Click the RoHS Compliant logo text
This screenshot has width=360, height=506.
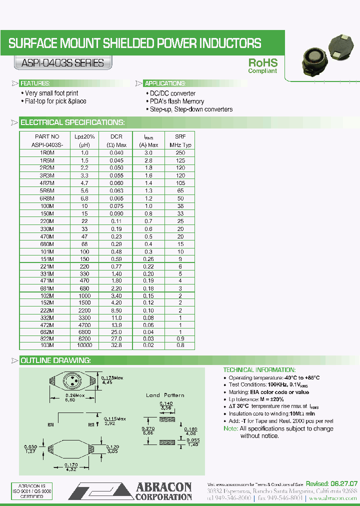click(262, 66)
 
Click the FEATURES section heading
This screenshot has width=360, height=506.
click(34, 83)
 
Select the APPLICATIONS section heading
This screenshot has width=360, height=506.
click(164, 83)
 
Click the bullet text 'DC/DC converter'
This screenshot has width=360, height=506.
click(172, 93)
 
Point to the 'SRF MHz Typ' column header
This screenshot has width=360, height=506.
click(180, 140)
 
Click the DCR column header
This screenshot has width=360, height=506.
click(116, 140)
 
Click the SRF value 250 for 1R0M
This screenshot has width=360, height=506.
click(180, 152)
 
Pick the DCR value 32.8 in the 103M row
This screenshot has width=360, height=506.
click(116, 345)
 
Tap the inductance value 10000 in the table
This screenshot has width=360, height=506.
click(84, 345)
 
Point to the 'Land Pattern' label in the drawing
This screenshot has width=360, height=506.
click(165, 395)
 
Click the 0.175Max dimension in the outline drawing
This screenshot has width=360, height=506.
click(113, 379)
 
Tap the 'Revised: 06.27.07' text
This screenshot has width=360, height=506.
click(331, 484)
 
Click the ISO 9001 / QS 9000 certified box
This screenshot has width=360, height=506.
click(32, 491)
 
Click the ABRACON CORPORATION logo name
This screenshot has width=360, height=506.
click(163, 491)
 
